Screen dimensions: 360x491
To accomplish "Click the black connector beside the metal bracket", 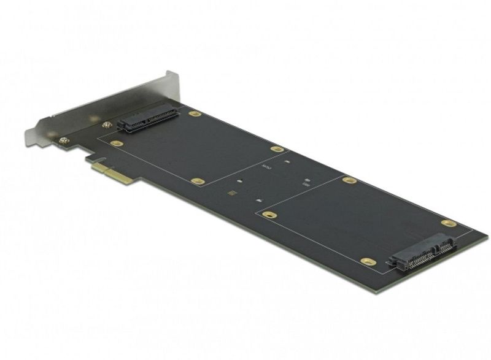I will (x=147, y=118).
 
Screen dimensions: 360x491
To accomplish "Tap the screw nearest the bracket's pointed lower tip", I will (x=63, y=141).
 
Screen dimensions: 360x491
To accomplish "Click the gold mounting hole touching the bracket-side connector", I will (x=195, y=114).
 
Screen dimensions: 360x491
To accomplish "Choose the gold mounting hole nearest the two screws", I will (x=116, y=144).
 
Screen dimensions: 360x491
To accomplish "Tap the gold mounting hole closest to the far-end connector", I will (x=368, y=261).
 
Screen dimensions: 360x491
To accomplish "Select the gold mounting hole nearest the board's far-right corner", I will (x=449, y=223).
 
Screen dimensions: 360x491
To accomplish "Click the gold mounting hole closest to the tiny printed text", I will (x=277, y=149).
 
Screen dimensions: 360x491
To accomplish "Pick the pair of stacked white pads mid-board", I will (x=306, y=182).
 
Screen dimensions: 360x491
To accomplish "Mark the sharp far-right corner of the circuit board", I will (x=487, y=235).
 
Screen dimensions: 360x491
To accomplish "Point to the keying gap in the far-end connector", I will (x=433, y=248).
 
